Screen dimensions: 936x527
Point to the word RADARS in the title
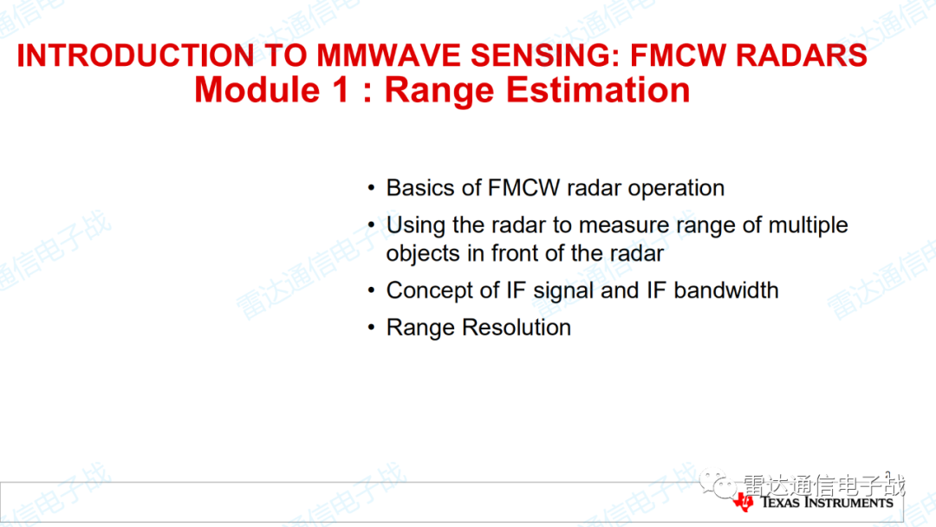coord(802,55)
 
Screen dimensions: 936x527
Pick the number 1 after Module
coord(341,90)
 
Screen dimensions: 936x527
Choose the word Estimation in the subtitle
coord(597,90)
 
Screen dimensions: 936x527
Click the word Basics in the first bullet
coord(420,188)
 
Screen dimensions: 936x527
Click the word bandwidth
coord(726,290)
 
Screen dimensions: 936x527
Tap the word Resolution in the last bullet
coord(517,328)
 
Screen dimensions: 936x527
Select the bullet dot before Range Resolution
coord(371,328)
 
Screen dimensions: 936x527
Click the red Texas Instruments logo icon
coord(744,503)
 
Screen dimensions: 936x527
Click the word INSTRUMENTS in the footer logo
coord(849,503)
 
